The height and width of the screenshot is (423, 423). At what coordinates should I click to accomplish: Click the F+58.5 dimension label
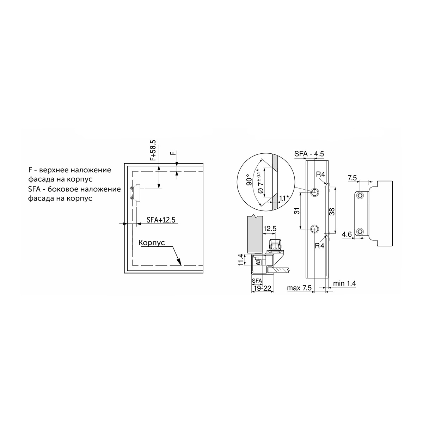pyautogui.click(x=153, y=150)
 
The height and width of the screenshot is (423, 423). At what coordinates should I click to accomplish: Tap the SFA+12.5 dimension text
pyautogui.click(x=161, y=220)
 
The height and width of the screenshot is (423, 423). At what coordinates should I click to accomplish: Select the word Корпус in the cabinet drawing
pyautogui.click(x=152, y=243)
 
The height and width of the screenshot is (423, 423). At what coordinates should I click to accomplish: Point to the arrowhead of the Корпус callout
pyautogui.click(x=179, y=262)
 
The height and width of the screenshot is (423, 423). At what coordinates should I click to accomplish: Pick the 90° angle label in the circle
pyautogui.click(x=249, y=180)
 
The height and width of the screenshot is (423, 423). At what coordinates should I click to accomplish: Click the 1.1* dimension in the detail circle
pyautogui.click(x=284, y=198)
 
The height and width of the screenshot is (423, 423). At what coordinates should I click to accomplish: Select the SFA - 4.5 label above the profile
pyautogui.click(x=309, y=154)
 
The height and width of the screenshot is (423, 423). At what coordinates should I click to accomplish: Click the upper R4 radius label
pyautogui.click(x=320, y=174)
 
